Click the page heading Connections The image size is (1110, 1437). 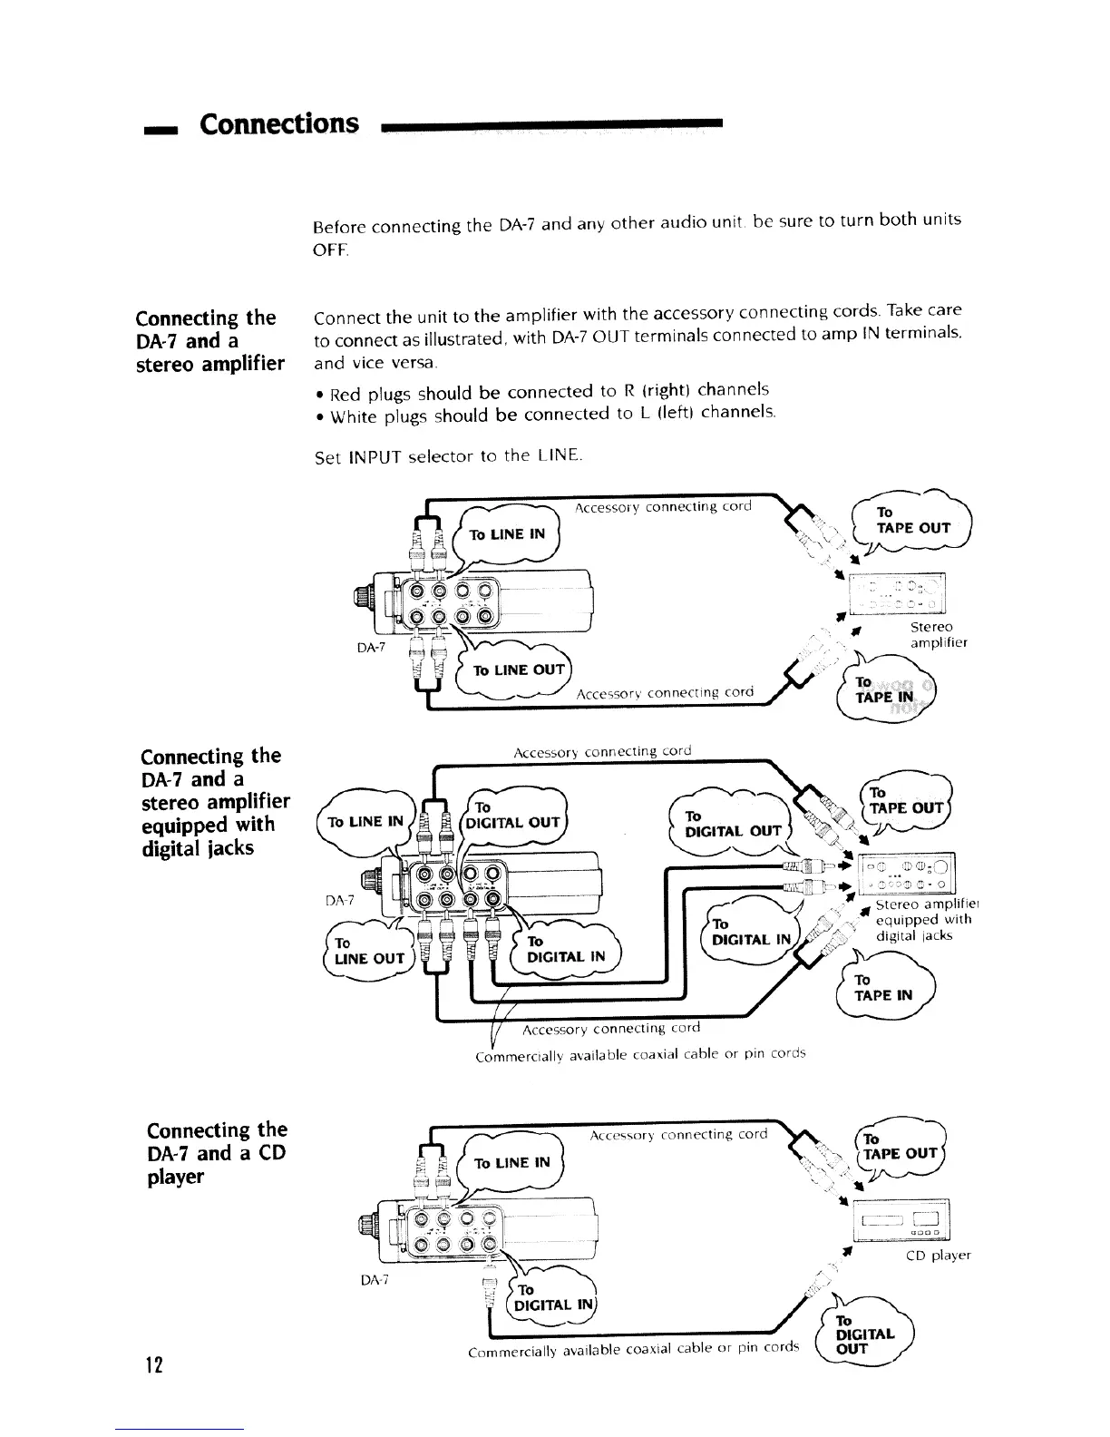(x=279, y=122)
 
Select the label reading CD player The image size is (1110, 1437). (x=939, y=1256)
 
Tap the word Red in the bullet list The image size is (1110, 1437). (x=346, y=394)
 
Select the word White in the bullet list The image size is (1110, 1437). (x=352, y=416)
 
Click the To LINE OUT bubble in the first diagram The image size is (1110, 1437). (x=515, y=670)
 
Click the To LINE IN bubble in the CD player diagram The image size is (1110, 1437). (x=512, y=1163)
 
